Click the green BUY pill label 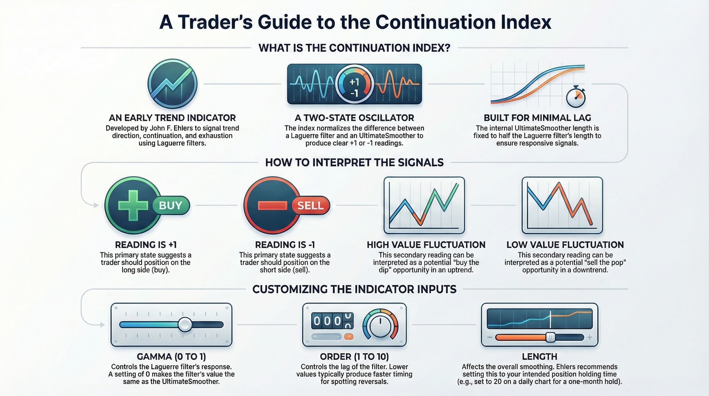[x=171, y=205]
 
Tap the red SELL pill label [x=310, y=205]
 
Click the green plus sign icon [x=133, y=205]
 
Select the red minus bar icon [x=272, y=205]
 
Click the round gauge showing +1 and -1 [x=354, y=84]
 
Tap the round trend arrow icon [x=173, y=84]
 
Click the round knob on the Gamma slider [x=185, y=324]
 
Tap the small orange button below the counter [x=349, y=336]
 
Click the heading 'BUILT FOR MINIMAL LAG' [x=537, y=118]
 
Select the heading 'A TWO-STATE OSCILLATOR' [x=354, y=118]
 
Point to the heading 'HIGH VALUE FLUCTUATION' [x=426, y=245]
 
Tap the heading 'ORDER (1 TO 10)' [x=354, y=357]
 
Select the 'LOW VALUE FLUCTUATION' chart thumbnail [x=562, y=205]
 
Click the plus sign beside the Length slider [x=589, y=337]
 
